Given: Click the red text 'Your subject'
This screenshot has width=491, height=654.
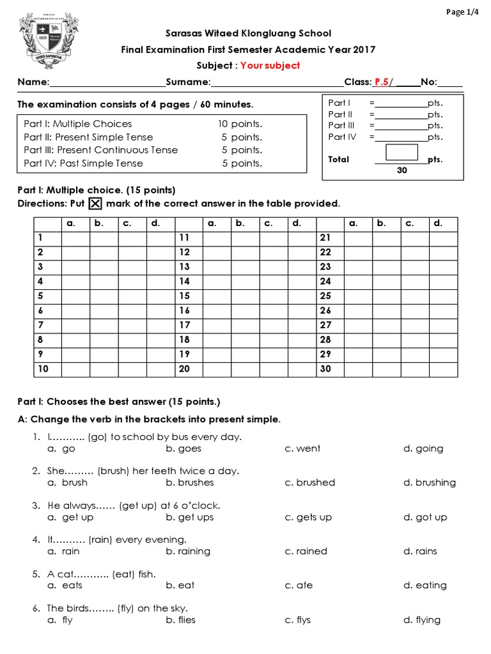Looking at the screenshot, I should click(x=270, y=66).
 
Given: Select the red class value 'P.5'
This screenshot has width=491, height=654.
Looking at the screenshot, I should click(x=382, y=82).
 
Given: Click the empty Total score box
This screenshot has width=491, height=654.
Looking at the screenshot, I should click(x=401, y=152).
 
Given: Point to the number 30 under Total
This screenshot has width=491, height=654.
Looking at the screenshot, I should click(x=402, y=171).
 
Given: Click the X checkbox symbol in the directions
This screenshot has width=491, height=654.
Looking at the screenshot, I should click(x=95, y=204).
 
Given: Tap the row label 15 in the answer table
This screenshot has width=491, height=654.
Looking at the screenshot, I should click(x=185, y=296).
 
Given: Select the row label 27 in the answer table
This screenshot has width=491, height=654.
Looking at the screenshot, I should click(x=325, y=325).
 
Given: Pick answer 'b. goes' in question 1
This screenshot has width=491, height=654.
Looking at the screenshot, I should click(x=183, y=449).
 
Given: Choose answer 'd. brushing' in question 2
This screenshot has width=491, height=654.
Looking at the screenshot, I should click(x=429, y=483).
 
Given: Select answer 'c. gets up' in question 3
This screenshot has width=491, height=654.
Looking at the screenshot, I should click(x=308, y=517).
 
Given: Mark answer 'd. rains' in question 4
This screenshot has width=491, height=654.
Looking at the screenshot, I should click(x=420, y=551).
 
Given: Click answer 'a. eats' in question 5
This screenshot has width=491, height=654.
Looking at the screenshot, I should click(x=65, y=586).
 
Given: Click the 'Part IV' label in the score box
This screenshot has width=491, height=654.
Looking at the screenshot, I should click(x=341, y=137).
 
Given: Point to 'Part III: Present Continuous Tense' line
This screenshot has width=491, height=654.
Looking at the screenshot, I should click(x=101, y=150).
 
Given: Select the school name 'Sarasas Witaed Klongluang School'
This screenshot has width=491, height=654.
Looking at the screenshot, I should click(x=248, y=33).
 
